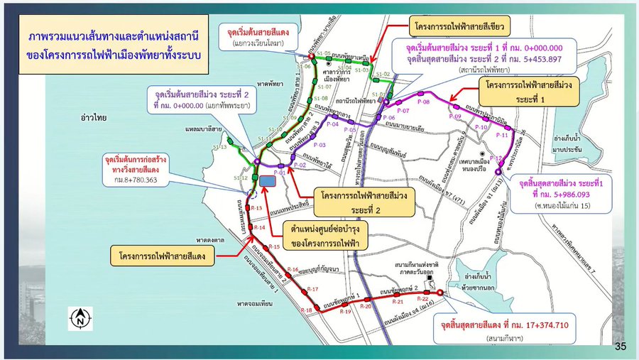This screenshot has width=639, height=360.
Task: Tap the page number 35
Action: (621, 347)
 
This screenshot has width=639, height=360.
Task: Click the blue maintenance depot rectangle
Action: (268, 181)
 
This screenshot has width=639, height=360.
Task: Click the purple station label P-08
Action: (424, 102)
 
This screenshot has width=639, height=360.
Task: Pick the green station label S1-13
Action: (220, 147)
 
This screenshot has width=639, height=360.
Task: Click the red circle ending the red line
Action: (439, 293)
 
